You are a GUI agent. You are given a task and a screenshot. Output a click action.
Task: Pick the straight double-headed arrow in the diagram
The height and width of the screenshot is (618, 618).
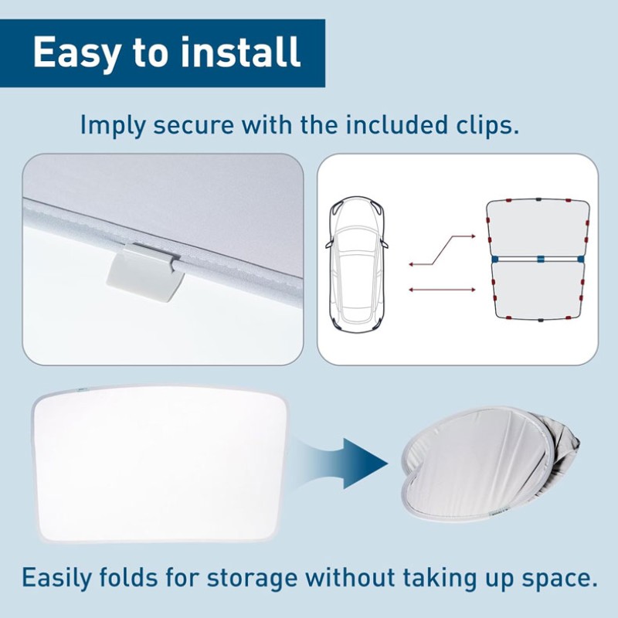click(x=442, y=290)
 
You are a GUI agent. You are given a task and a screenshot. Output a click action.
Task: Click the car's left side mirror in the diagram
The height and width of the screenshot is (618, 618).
click(x=330, y=245)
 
